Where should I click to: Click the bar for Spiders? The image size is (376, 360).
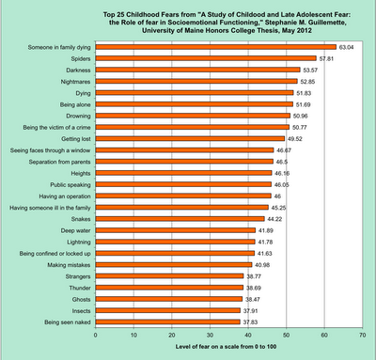click(206, 58)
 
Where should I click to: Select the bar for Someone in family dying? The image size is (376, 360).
click(216, 47)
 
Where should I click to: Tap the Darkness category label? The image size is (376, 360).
click(78, 70)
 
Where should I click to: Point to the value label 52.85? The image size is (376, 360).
click(307, 82)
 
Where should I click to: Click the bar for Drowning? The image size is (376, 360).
click(193, 116)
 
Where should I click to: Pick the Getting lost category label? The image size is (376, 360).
click(76, 139)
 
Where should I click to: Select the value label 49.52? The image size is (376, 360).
click(294, 139)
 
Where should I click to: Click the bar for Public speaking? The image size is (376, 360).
click(183, 184)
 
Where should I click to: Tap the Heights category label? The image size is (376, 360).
click(81, 173)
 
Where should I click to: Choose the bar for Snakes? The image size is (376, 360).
click(180, 219)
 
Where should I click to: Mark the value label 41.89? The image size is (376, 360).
click(266, 230)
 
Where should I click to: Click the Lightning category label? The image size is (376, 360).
click(79, 243)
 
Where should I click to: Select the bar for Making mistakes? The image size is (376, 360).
click(174, 265)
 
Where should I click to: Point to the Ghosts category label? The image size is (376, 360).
click(81, 300)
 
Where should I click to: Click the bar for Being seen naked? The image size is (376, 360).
click(168, 322)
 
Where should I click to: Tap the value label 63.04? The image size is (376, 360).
click(346, 47)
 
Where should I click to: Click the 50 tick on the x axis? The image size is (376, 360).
click(287, 335)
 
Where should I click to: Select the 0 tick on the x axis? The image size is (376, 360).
click(96, 335)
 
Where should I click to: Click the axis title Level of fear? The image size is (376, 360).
click(226, 347)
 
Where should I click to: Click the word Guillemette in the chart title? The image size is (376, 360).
click(328, 23)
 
